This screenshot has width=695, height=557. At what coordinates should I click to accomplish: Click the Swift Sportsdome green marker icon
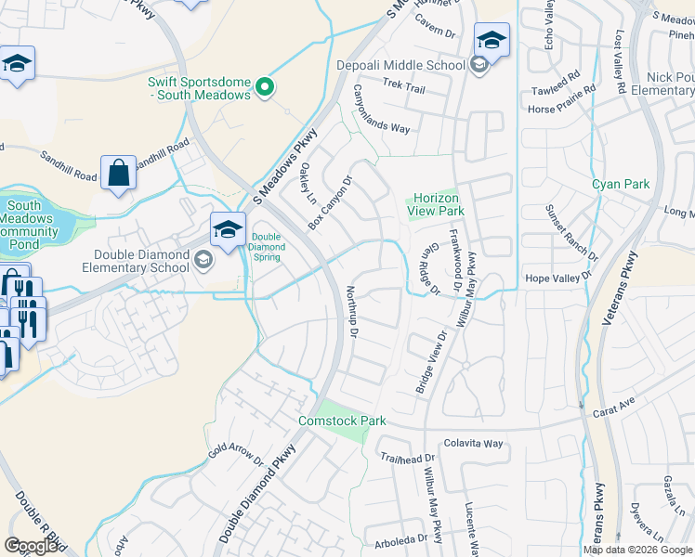coord(265,87)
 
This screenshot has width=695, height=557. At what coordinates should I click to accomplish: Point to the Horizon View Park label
coord(436,204)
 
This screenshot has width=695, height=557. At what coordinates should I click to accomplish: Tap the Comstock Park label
coord(342,421)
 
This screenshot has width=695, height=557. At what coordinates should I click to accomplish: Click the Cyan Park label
coord(621,184)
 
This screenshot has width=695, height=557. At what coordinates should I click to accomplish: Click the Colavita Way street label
coord(473,444)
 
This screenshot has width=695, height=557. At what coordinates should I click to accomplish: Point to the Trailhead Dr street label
coord(408,459)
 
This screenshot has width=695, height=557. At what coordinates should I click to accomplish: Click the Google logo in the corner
coord(32,546)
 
